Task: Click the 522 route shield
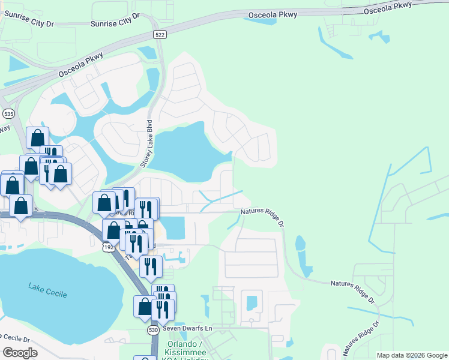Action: [159, 35]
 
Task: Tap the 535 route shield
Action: [8, 113]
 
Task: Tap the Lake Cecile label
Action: [47, 292]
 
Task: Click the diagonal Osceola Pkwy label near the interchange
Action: [80, 64]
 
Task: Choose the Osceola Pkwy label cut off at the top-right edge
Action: [388, 7]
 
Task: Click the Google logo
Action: [20, 352]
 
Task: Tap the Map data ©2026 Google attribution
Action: [411, 355]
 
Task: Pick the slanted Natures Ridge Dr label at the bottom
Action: [361, 337]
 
